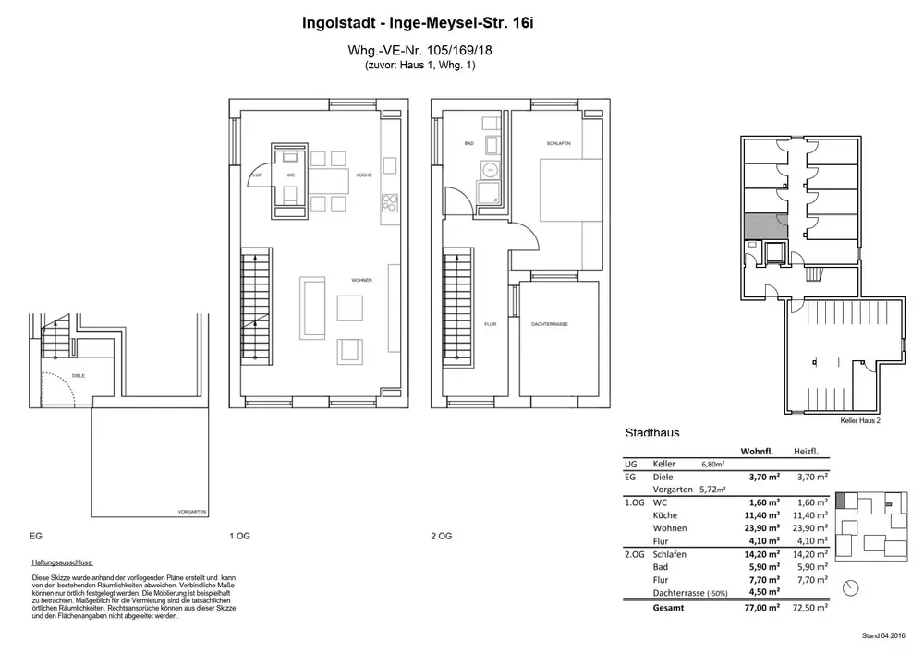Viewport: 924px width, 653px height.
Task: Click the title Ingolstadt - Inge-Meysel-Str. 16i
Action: (418, 23)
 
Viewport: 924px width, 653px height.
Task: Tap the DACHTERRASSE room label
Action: (550, 325)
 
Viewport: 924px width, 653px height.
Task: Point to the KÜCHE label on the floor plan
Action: (363, 175)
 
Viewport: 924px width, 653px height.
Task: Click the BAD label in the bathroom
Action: (469, 144)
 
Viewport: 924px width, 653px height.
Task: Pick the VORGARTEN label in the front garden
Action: (191, 511)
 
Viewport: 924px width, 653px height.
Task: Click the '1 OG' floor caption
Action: (239, 536)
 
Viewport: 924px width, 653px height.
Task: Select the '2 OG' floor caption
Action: (441, 536)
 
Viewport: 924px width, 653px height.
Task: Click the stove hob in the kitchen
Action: (389, 201)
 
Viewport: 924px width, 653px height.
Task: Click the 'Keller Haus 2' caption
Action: (860, 420)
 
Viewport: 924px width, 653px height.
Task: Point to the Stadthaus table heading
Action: (651, 432)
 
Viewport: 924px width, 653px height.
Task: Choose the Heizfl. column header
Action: (807, 452)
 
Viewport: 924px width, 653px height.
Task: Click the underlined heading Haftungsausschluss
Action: (63, 562)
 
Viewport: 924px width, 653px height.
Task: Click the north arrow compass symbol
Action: (851, 586)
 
